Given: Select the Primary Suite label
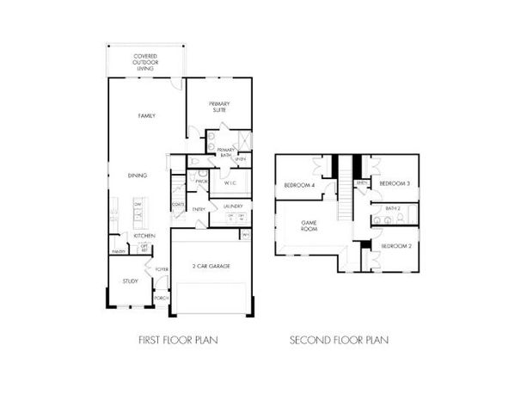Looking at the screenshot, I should tap(218, 107).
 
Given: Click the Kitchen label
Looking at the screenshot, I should tap(144, 236).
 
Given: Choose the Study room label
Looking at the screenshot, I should tap(130, 280).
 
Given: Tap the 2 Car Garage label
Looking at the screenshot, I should tap(211, 268).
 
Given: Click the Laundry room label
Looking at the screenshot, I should tap(233, 206).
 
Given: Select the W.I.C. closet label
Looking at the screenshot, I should tap(230, 183).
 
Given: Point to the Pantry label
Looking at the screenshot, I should tap(118, 251).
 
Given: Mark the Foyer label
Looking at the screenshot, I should tap(161, 270).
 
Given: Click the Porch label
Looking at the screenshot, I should tap(161, 299).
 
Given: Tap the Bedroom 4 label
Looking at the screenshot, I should tap(300, 185).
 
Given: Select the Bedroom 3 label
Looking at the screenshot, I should tap(394, 183).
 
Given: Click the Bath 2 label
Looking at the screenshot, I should tap(394, 208).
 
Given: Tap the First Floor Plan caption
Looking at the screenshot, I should tap(178, 340).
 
